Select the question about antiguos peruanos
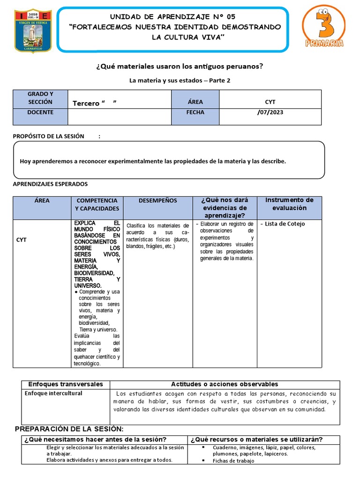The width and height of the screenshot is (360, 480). [180, 67]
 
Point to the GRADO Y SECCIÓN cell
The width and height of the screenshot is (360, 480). [40, 98]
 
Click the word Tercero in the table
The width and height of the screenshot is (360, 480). [86, 103]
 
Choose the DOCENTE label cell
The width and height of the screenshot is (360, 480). [40, 112]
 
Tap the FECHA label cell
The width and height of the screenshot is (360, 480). [195, 112]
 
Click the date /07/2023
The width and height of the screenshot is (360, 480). [270, 112]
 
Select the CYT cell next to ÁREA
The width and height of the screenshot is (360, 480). [270, 102]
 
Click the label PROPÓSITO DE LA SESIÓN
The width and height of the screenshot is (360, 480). [49, 136]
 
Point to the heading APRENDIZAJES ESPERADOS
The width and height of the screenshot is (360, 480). [50, 184]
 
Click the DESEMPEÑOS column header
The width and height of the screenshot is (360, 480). [158, 201]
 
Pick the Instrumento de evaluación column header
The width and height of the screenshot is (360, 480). [289, 204]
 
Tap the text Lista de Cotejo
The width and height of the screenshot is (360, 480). [285, 224]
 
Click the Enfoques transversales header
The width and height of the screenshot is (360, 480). [66, 384]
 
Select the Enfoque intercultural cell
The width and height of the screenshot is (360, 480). [53, 393]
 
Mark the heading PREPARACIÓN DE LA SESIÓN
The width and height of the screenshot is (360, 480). [69, 429]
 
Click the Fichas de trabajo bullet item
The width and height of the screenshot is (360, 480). [233, 461]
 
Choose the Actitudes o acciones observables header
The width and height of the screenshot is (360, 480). [225, 384]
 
